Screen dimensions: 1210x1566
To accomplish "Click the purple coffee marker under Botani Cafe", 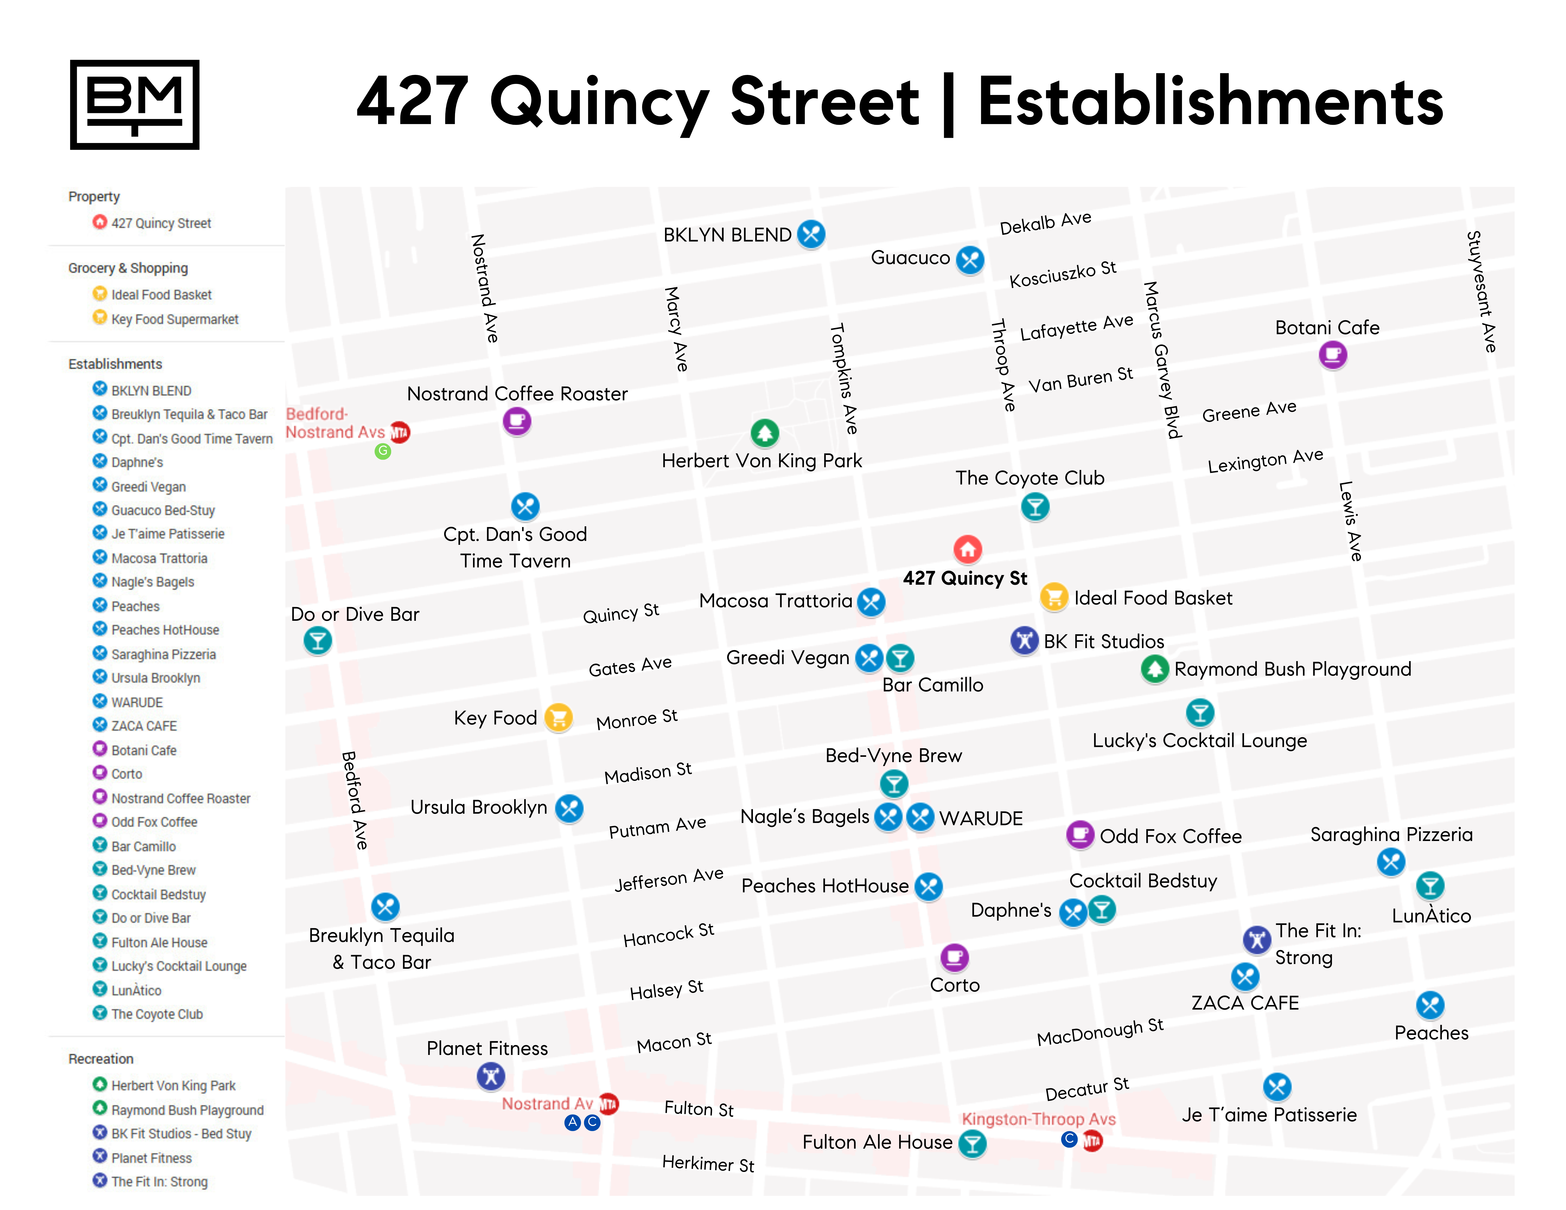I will coord(1332,354).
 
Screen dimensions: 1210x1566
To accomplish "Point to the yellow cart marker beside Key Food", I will coord(558,717).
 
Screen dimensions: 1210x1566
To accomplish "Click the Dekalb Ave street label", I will coord(1045,223).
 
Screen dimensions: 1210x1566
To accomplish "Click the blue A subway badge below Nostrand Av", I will coord(572,1123).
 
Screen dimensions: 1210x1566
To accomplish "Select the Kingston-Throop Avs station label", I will coord(1038,1119).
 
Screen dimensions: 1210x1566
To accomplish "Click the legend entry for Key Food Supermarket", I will coord(174,319).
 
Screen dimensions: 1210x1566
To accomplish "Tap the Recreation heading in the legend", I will coord(101,1059).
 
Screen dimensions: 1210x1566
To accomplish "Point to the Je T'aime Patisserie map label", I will coord(1269,1115).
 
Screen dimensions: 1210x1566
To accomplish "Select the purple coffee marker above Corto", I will coord(954,957).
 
